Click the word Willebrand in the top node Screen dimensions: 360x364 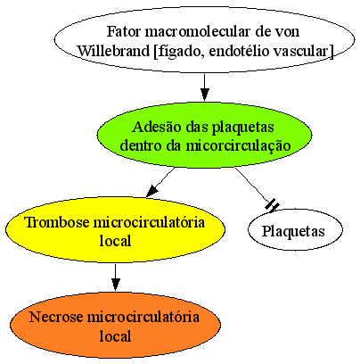[113, 51]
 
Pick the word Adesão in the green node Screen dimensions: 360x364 [157, 127]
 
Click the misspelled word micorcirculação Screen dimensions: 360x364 [238, 146]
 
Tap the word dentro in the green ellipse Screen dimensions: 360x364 [141, 146]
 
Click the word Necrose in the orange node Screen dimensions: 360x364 [56, 317]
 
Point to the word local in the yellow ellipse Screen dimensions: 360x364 [115, 241]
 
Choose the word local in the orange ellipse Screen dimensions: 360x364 [115, 336]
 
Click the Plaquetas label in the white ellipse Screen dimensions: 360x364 [293, 231]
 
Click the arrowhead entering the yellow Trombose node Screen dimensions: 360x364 [151, 191]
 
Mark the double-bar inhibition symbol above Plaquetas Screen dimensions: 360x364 [273, 206]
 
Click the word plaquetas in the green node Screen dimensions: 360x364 [243, 128]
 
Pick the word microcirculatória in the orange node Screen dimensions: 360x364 [143, 317]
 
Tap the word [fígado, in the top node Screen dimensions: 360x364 [179, 51]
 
